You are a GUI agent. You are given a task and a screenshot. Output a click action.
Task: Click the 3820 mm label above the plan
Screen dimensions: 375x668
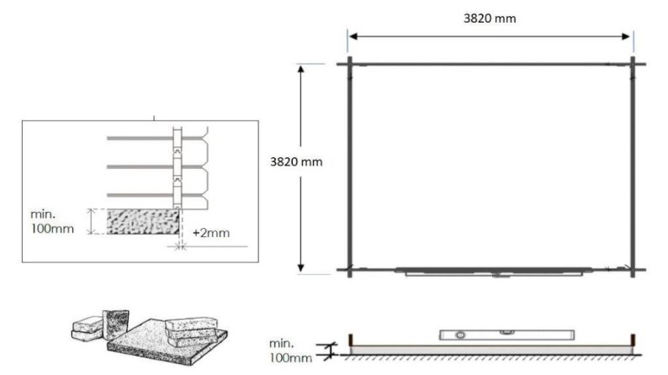[491, 19]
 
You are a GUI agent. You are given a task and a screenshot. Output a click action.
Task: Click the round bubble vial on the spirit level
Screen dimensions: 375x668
[459, 335]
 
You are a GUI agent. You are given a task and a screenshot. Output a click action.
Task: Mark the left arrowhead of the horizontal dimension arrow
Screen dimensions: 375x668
[353, 36]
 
